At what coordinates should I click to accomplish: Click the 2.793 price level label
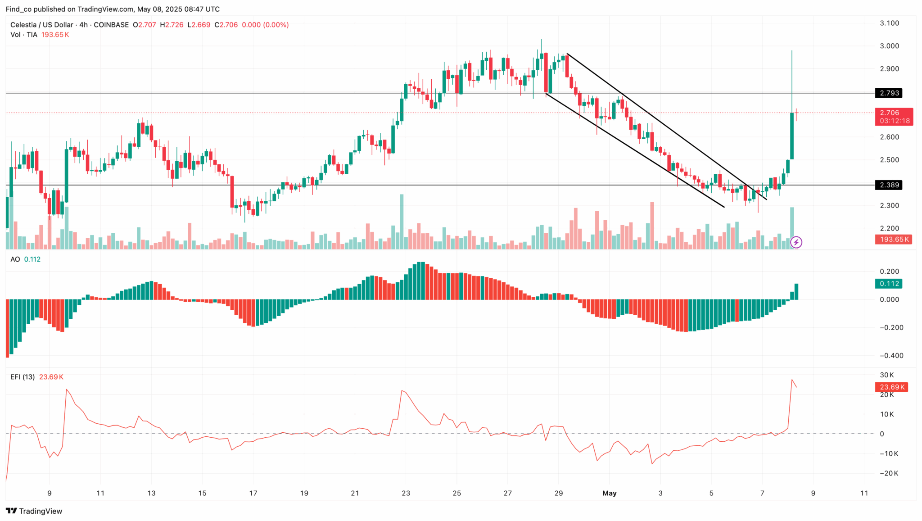pos(889,93)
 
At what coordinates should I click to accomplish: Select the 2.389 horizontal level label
pos(889,185)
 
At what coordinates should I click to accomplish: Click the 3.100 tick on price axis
pos(889,23)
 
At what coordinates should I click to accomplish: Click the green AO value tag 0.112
pos(889,284)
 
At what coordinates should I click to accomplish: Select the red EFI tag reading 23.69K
pos(891,387)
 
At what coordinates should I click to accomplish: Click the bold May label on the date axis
pos(609,493)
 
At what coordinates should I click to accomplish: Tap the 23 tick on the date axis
pos(406,493)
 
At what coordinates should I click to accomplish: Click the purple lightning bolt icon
pos(796,243)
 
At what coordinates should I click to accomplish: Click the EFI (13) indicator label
pos(23,377)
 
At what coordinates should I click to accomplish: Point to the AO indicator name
pos(15,259)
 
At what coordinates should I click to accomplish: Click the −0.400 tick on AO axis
pos(891,356)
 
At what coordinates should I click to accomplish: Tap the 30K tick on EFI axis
pos(887,375)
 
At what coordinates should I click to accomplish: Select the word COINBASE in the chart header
pos(111,25)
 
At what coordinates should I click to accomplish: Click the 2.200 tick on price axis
pos(889,228)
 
